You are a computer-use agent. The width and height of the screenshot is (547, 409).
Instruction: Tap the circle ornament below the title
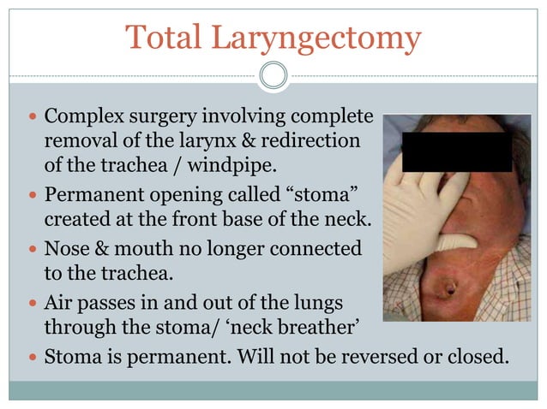[273, 75]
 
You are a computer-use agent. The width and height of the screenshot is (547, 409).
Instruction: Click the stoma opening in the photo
[446, 289]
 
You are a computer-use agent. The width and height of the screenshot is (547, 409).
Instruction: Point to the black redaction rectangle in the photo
[457, 151]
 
